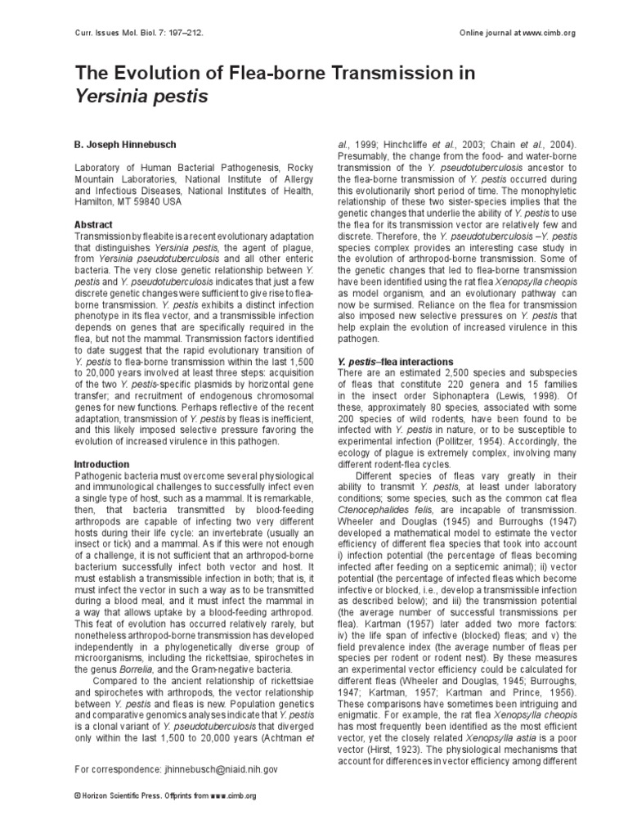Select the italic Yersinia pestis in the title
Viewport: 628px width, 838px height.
point(141,97)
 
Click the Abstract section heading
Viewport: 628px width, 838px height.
point(94,224)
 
